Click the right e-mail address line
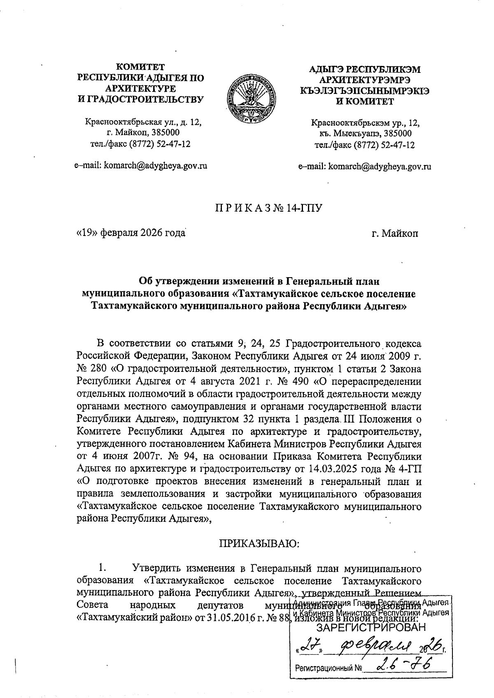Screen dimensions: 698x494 click(365, 166)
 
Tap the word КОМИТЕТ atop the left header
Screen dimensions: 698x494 click(140, 67)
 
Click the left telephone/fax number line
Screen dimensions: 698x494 click(140, 144)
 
